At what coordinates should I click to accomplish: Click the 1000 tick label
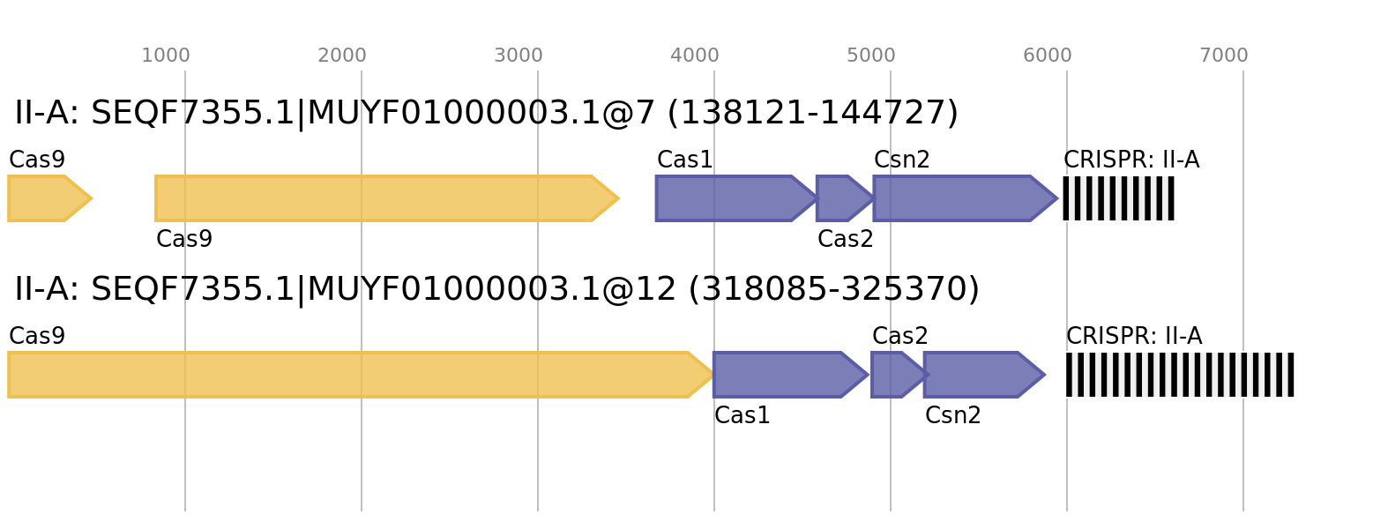point(166,56)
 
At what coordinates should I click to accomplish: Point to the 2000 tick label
point(341,56)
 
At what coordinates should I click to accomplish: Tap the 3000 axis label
point(518,56)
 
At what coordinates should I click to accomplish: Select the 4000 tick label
point(695,56)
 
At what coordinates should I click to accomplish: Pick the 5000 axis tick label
point(871,56)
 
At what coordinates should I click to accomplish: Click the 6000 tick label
point(1048,56)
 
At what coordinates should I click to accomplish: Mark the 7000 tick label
point(1224,56)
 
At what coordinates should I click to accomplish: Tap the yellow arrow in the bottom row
point(353,375)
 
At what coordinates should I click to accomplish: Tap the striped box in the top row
point(1118,198)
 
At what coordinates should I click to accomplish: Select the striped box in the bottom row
point(1180,375)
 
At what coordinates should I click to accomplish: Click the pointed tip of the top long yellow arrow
point(617,198)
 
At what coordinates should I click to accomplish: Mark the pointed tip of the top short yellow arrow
point(91,198)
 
